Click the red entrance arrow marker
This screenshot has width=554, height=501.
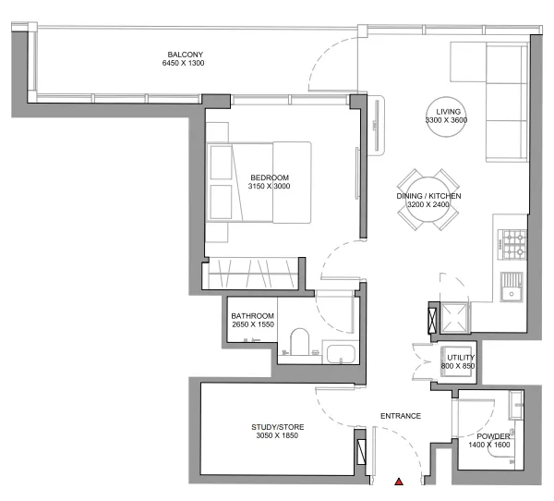(399, 482)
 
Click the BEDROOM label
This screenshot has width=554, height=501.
(270, 177)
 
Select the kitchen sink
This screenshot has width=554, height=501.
(511, 289)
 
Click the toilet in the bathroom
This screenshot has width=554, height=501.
(297, 343)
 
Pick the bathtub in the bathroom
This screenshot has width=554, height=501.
(339, 353)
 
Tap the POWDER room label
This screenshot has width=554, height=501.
(488, 435)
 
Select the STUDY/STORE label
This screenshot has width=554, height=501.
(278, 427)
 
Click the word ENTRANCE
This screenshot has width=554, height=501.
(401, 416)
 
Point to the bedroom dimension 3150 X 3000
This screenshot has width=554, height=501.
(270, 188)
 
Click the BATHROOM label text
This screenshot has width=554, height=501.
(252, 316)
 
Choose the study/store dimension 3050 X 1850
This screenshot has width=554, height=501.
(278, 437)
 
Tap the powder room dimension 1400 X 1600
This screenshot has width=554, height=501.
(488, 446)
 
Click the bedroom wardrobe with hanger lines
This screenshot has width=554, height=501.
(252, 275)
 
